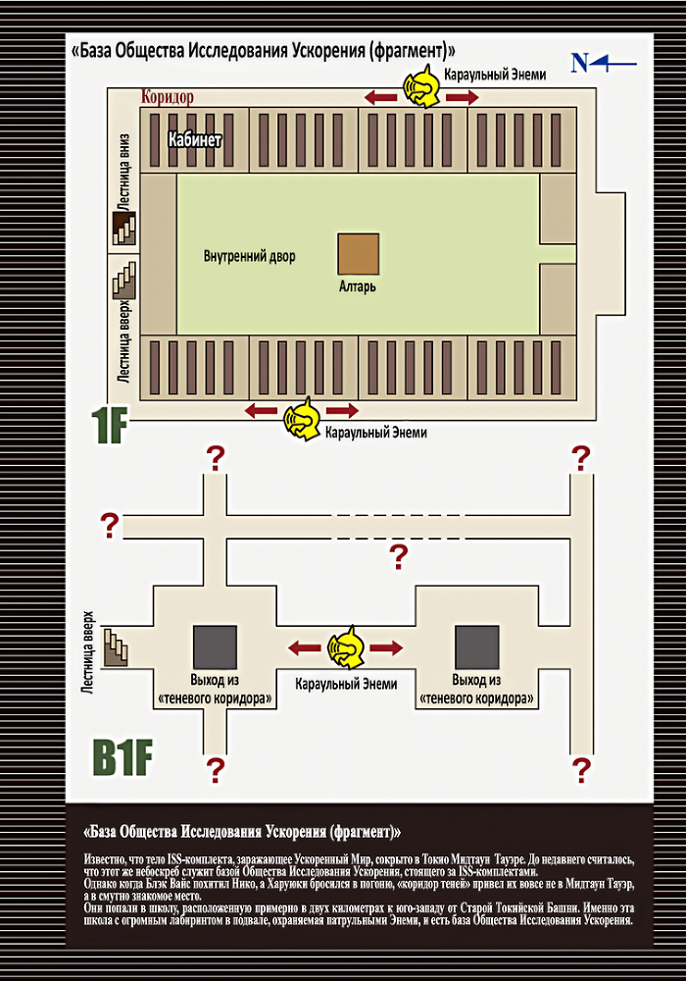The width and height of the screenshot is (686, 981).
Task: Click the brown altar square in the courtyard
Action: pyautogui.click(x=359, y=254)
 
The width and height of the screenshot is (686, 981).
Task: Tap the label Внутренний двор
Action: pyautogui.click(x=249, y=256)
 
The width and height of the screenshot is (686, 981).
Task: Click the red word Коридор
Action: pyautogui.click(x=168, y=97)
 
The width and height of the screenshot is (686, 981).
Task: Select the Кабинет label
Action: pyautogui.click(x=194, y=139)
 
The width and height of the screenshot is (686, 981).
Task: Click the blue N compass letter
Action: pyautogui.click(x=580, y=63)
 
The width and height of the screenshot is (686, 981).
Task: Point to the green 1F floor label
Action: pyautogui.click(x=110, y=426)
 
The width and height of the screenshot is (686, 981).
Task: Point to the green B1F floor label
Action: pyautogui.click(x=122, y=757)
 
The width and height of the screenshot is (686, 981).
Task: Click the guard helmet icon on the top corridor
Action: pyautogui.click(x=421, y=89)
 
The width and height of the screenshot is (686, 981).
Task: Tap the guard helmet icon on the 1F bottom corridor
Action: pyautogui.click(x=303, y=419)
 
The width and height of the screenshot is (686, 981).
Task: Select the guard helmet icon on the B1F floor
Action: pyautogui.click(x=347, y=647)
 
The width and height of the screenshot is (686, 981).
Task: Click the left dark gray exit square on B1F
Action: pyautogui.click(x=215, y=647)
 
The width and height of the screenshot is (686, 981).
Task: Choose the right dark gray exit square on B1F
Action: pyautogui.click(x=476, y=647)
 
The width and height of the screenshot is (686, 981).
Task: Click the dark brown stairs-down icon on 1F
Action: pyautogui.click(x=123, y=228)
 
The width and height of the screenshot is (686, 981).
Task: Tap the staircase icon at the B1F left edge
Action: pyautogui.click(x=116, y=646)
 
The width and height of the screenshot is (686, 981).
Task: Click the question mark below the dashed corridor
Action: pyautogui.click(x=399, y=556)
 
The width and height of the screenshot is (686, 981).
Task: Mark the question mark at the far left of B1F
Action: pyautogui.click(x=110, y=526)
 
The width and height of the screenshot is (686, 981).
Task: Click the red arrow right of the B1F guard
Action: pyautogui.click(x=386, y=647)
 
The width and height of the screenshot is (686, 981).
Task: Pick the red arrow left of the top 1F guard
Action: pyautogui.click(x=381, y=97)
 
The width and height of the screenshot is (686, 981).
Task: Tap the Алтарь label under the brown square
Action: pyautogui.click(x=358, y=286)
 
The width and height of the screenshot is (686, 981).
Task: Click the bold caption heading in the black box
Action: pyautogui.click(x=242, y=832)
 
